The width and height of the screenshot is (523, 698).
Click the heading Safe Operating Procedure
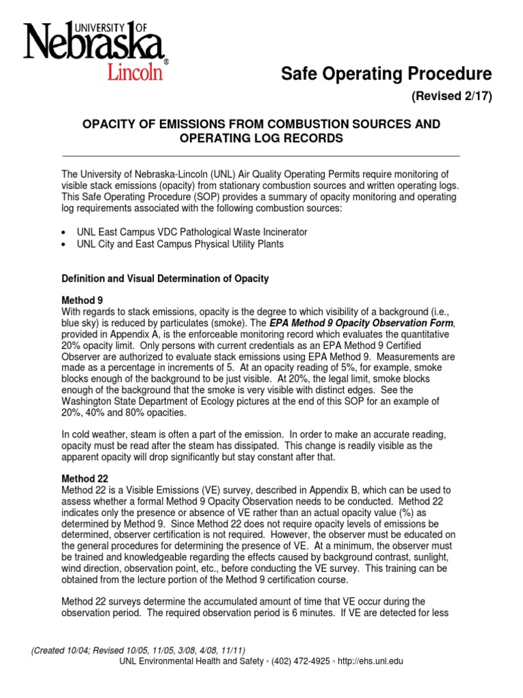pos(386,73)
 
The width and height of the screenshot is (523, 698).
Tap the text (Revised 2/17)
pos(451,96)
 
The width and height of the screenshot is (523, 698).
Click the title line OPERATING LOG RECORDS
pos(261,138)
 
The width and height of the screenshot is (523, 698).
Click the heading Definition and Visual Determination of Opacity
pos(165,279)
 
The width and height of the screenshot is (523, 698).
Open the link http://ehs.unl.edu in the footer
pos(371,661)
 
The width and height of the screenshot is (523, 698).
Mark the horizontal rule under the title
pos(261,155)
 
